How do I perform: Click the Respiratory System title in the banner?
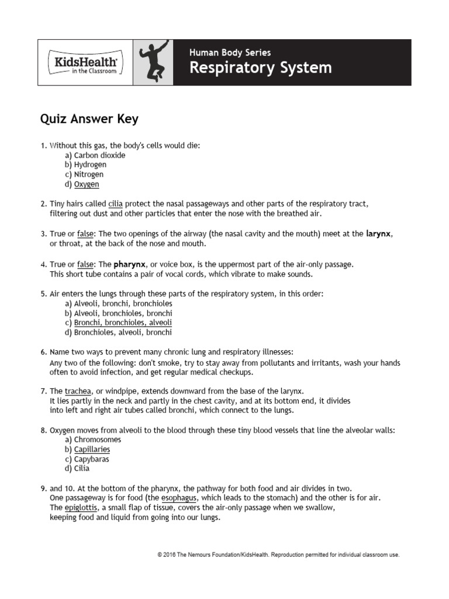(x=260, y=68)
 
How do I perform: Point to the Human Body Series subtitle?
(x=230, y=53)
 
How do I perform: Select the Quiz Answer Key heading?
(x=89, y=119)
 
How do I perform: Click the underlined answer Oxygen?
(x=87, y=184)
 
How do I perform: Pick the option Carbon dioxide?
(x=99, y=156)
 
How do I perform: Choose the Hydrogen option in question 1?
(x=90, y=165)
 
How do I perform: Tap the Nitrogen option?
(x=89, y=174)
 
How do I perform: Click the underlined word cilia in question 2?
(x=116, y=204)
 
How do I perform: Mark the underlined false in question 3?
(x=86, y=234)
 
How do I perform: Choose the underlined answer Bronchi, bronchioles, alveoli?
(x=123, y=323)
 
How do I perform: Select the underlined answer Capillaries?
(x=92, y=449)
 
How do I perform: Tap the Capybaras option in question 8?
(x=91, y=459)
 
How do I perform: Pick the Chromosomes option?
(x=98, y=440)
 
